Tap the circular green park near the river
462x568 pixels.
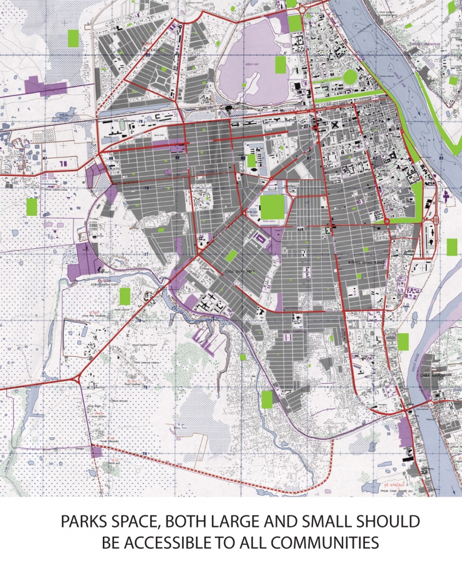point(351,77)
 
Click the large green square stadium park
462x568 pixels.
point(272,206)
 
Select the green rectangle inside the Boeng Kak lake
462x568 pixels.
point(281,64)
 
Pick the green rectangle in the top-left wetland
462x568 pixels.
point(73,38)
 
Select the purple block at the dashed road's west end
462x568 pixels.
point(96,451)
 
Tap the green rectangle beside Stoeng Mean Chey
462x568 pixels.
point(124,297)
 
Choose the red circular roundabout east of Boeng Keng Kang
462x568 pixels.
point(386,221)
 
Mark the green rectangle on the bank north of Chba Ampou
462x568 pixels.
point(403,342)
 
